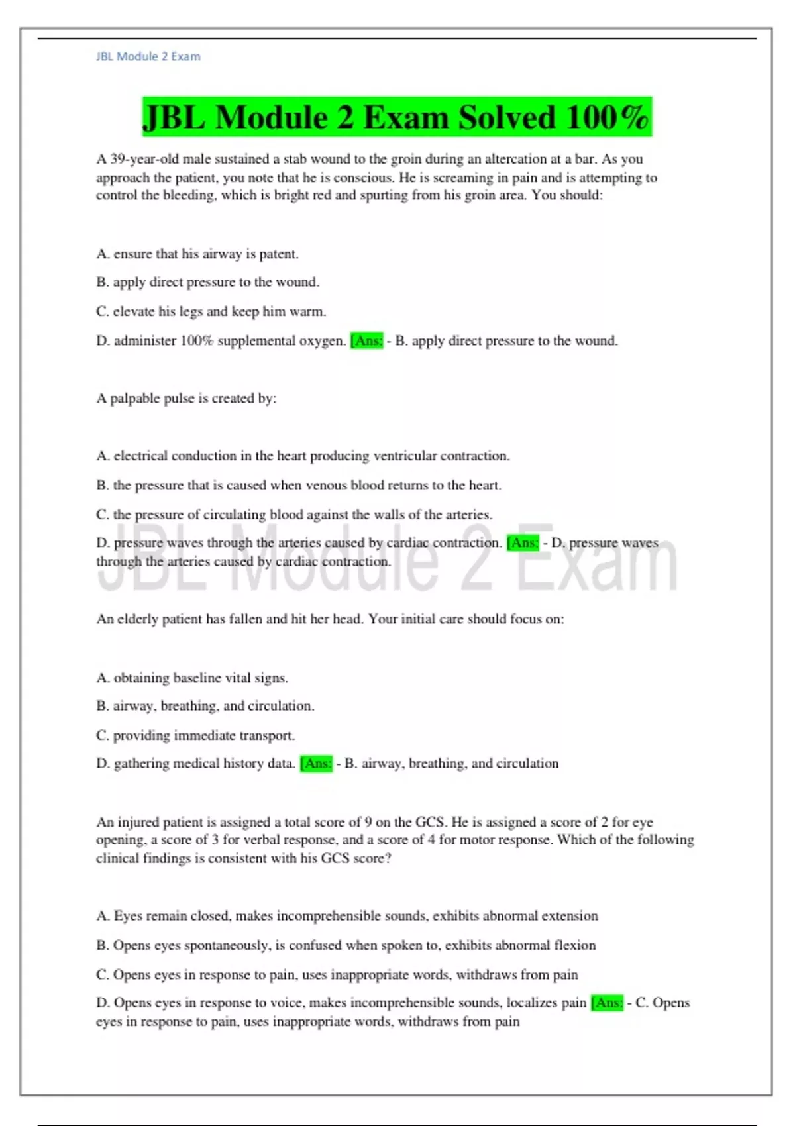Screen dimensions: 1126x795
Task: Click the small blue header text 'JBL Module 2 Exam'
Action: [148, 57]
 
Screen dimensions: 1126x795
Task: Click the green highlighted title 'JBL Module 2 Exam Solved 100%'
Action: [397, 117]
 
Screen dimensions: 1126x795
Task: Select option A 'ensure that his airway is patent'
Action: [197, 254]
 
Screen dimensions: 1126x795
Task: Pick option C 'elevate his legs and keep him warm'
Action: [211, 311]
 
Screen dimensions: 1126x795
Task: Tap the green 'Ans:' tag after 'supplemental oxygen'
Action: [366, 341]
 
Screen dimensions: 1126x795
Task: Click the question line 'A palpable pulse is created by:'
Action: [186, 398]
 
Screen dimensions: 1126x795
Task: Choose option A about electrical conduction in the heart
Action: [303, 456]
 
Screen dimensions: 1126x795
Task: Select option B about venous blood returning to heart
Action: [298, 485]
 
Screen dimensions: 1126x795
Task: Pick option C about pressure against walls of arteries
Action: [294, 515]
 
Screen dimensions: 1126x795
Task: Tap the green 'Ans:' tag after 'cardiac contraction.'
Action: [523, 543]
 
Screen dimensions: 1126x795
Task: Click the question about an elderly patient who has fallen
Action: [330, 619]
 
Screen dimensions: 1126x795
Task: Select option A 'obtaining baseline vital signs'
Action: [192, 678]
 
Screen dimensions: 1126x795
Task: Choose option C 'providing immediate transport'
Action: [195, 735]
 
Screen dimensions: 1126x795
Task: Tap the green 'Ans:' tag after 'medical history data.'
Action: [316, 764]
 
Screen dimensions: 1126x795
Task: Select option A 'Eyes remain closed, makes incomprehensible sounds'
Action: [347, 916]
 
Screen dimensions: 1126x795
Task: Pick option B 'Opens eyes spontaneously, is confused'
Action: [346, 945]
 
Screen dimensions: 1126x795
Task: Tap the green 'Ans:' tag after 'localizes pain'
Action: [607, 1003]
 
